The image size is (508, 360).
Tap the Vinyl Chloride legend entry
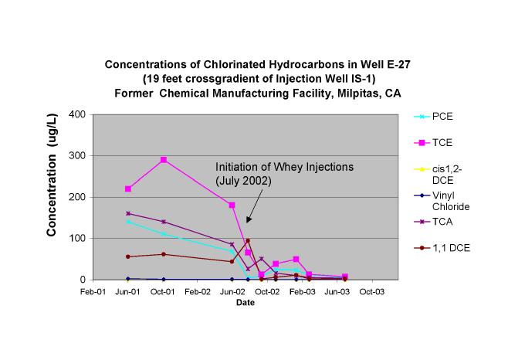pyautogui.click(x=451, y=201)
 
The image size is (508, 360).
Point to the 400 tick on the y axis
pyautogui.click(x=77, y=114)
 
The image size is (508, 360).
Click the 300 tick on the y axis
pyautogui.click(x=77, y=156)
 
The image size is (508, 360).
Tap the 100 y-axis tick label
pyautogui.click(x=77, y=239)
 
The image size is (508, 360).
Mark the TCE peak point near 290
pyautogui.click(x=163, y=160)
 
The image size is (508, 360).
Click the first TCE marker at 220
pyautogui.click(x=127, y=188)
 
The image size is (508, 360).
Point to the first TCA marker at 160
pyautogui.click(x=127, y=213)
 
